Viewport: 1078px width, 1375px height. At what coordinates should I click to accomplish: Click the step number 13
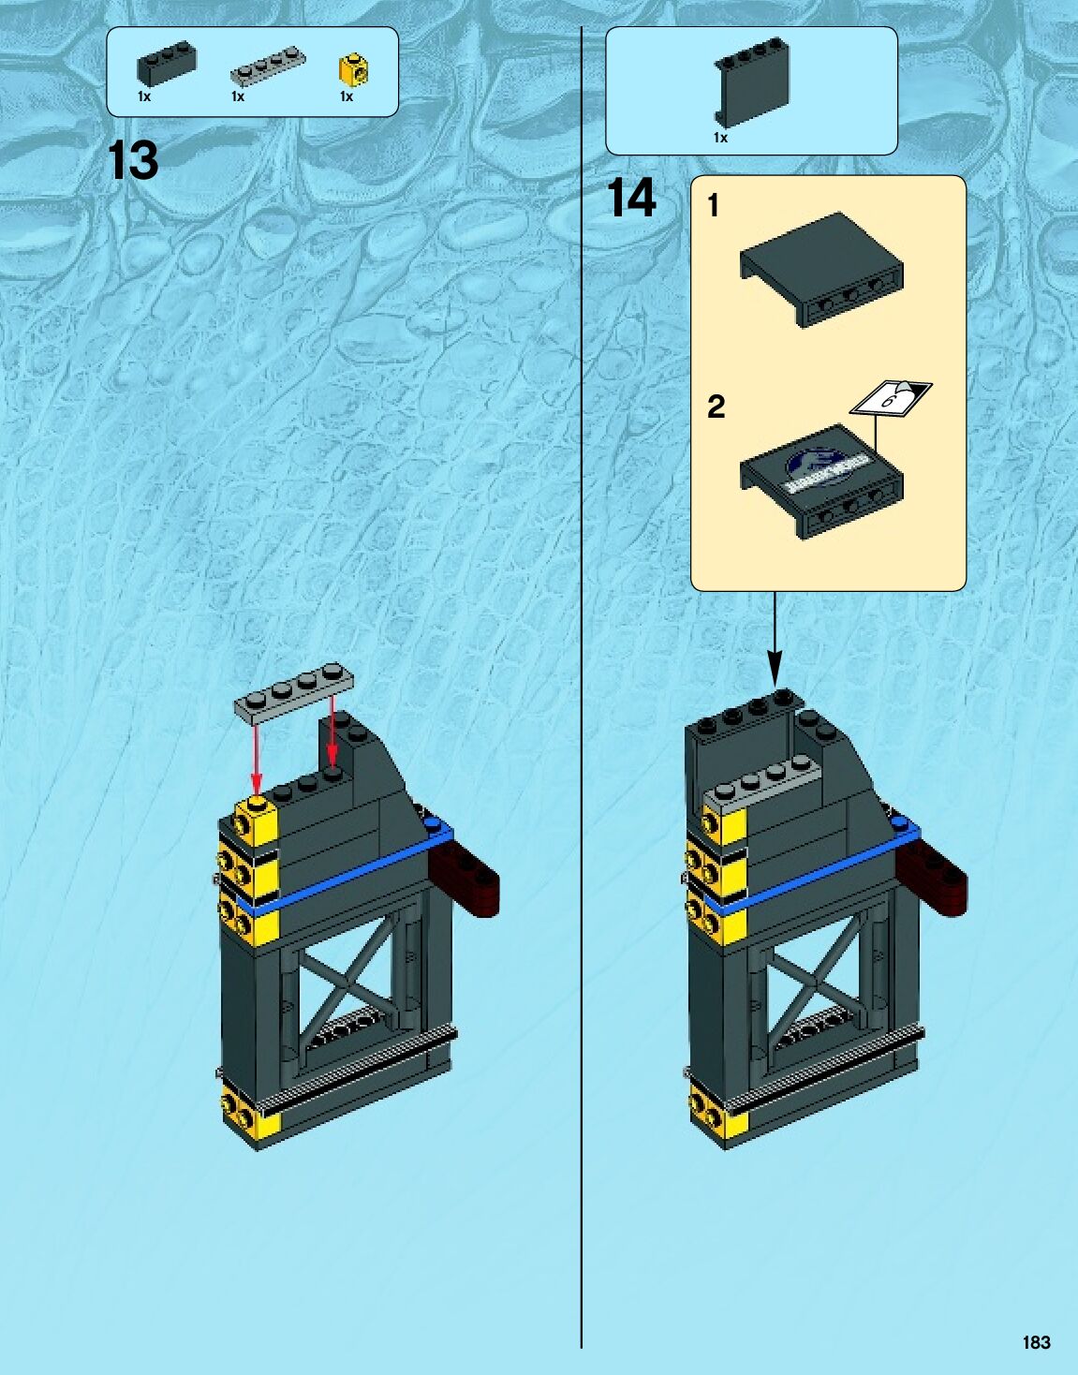click(133, 161)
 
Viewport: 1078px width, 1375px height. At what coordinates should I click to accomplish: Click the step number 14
click(631, 199)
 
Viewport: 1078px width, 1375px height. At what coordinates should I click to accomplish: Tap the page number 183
click(1036, 1342)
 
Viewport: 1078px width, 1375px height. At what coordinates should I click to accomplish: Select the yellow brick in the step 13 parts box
click(352, 69)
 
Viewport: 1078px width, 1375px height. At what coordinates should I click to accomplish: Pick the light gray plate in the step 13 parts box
click(268, 67)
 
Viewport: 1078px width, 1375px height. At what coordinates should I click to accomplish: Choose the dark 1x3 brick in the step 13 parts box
click(166, 65)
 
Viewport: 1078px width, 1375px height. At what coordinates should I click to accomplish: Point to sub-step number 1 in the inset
click(714, 205)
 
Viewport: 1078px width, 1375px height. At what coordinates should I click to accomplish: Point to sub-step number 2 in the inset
click(716, 407)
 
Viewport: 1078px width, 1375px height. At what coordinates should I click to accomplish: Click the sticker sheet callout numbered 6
click(891, 397)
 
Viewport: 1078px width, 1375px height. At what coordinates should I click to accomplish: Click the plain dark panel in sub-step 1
click(821, 267)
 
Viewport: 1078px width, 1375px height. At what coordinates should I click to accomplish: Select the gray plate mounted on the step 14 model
click(761, 784)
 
